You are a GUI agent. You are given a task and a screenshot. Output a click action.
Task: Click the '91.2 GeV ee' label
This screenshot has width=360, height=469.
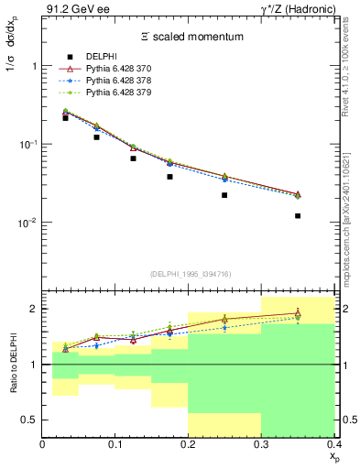pyautogui.click(x=71, y=9)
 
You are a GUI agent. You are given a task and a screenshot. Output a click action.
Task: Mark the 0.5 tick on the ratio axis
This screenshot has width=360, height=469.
pyautogui.click(x=32, y=420)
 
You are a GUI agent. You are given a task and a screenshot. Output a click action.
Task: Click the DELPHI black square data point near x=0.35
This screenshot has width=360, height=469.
pyautogui.click(x=298, y=216)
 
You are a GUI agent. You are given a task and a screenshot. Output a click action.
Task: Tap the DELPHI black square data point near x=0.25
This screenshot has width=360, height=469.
pyautogui.click(x=225, y=195)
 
